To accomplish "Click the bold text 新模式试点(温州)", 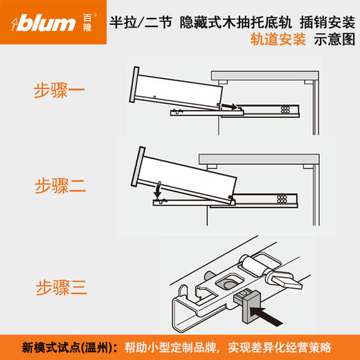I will point(65,345).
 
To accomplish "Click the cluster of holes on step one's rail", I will point(285,109).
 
